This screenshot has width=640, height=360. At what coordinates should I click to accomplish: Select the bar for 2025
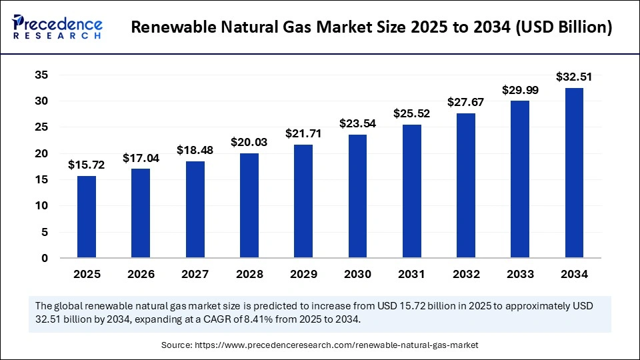click(87, 217)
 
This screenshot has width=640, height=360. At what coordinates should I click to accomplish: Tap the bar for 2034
click(575, 173)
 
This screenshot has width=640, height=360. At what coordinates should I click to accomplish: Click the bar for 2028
click(249, 205)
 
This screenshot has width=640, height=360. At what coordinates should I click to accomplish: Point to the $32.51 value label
click(575, 77)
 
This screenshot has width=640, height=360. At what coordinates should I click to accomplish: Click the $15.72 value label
click(87, 164)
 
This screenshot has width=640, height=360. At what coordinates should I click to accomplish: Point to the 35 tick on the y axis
click(41, 75)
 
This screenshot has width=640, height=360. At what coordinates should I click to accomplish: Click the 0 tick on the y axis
click(45, 258)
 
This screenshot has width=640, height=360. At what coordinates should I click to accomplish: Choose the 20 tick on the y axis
click(41, 153)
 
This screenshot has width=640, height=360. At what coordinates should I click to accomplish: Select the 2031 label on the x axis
click(412, 274)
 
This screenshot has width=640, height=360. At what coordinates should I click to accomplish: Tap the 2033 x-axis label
click(521, 274)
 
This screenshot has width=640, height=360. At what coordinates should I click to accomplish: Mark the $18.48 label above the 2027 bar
click(195, 150)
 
